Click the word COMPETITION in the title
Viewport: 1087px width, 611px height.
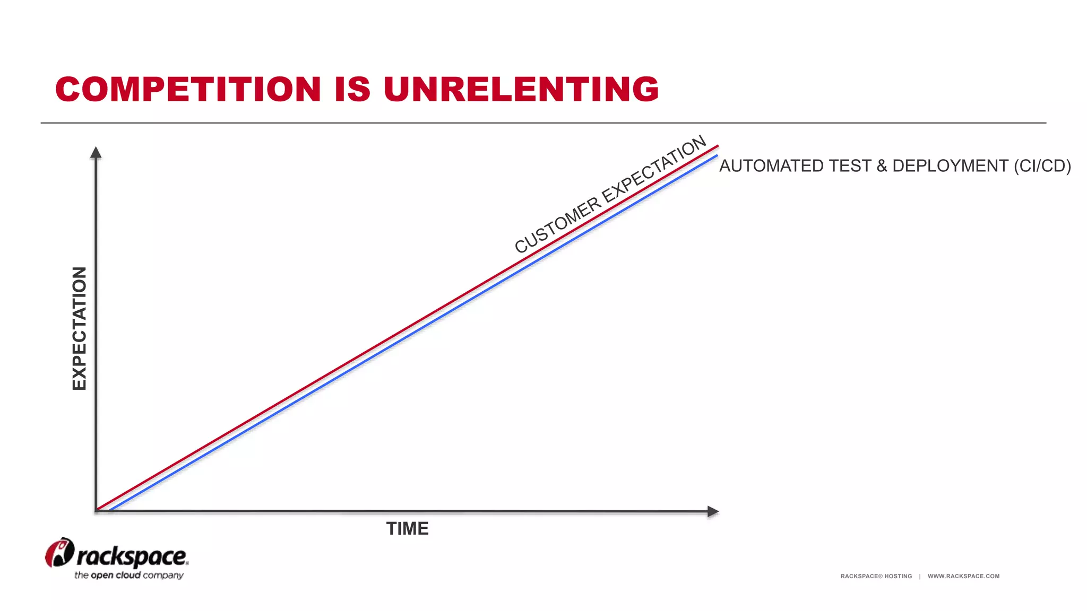(188, 89)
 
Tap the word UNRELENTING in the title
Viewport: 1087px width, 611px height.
(521, 89)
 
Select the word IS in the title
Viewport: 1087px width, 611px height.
(352, 89)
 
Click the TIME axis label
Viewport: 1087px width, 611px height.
(407, 529)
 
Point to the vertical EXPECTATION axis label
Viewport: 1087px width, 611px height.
(79, 328)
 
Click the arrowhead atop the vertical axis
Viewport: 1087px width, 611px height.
(96, 153)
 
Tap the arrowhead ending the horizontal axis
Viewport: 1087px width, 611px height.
(713, 511)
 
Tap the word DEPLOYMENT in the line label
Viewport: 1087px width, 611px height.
(950, 166)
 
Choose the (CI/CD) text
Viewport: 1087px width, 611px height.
(1042, 166)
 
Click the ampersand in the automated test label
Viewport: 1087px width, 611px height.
(882, 166)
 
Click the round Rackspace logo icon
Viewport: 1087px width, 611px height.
(59, 553)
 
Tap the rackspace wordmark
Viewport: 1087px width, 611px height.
(132, 556)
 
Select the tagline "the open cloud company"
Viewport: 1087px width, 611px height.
(129, 575)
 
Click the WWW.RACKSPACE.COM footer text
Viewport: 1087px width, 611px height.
(963, 576)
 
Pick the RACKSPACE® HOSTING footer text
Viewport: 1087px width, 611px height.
(876, 576)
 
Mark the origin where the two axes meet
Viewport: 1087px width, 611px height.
(96, 511)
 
